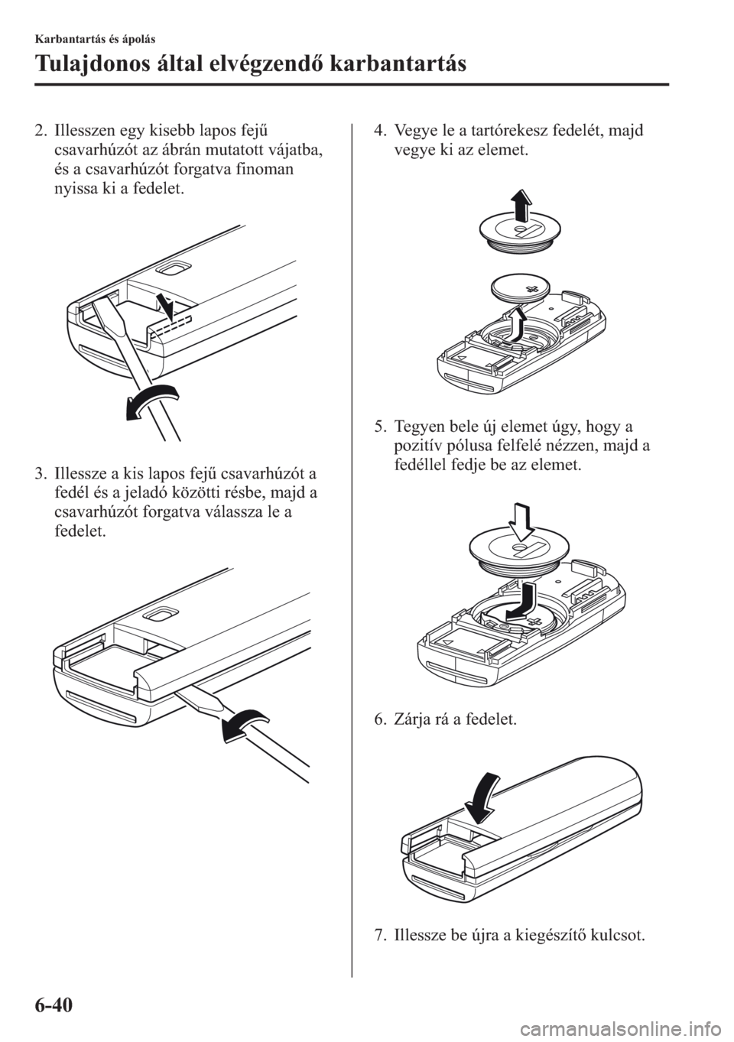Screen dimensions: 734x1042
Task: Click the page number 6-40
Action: (53, 1005)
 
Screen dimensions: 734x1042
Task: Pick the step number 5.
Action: (379, 426)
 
